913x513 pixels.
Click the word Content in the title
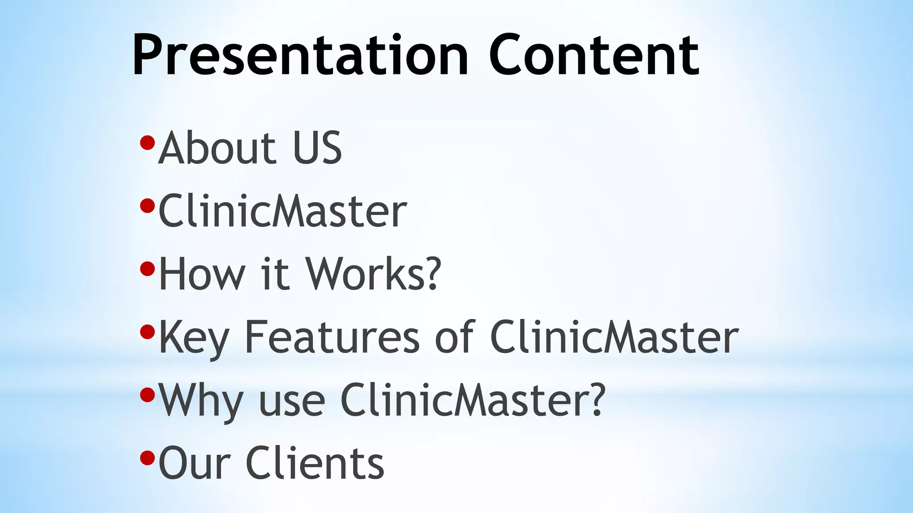coord(594,56)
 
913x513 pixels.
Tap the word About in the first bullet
coord(218,148)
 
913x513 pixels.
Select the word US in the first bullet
coord(317,148)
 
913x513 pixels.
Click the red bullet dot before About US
coord(147,143)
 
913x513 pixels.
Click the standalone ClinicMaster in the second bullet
coord(283,211)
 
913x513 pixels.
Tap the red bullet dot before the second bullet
coord(147,206)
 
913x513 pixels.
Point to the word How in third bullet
coord(202,274)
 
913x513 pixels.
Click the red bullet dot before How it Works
coord(147,269)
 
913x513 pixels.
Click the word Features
coord(332,337)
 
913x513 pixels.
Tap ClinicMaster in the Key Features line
coord(614,337)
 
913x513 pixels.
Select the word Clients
coord(315,464)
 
